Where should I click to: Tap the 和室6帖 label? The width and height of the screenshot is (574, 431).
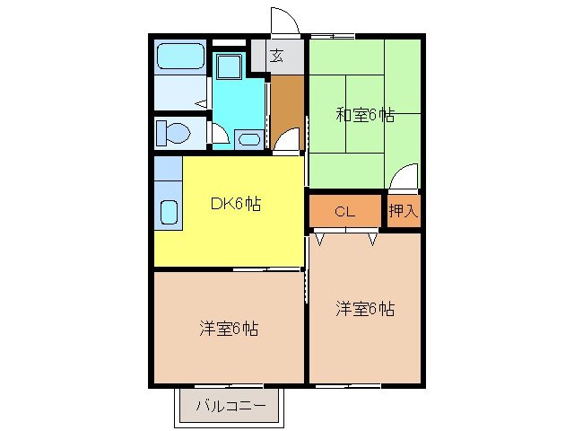365,115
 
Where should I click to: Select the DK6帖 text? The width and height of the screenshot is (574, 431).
236,204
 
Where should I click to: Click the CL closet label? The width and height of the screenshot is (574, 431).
346,212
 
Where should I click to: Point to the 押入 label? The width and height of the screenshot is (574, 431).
404,212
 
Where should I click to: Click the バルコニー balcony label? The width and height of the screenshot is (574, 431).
231,406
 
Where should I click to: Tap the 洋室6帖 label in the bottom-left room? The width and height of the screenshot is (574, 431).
229,329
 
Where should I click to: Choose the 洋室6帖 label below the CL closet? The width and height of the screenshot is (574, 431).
365,308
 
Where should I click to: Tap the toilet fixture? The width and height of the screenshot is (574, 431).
172,133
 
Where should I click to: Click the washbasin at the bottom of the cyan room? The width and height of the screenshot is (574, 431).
248,138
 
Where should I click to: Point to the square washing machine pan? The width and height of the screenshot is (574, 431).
228,66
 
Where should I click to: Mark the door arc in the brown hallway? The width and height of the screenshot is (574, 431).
287,140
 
